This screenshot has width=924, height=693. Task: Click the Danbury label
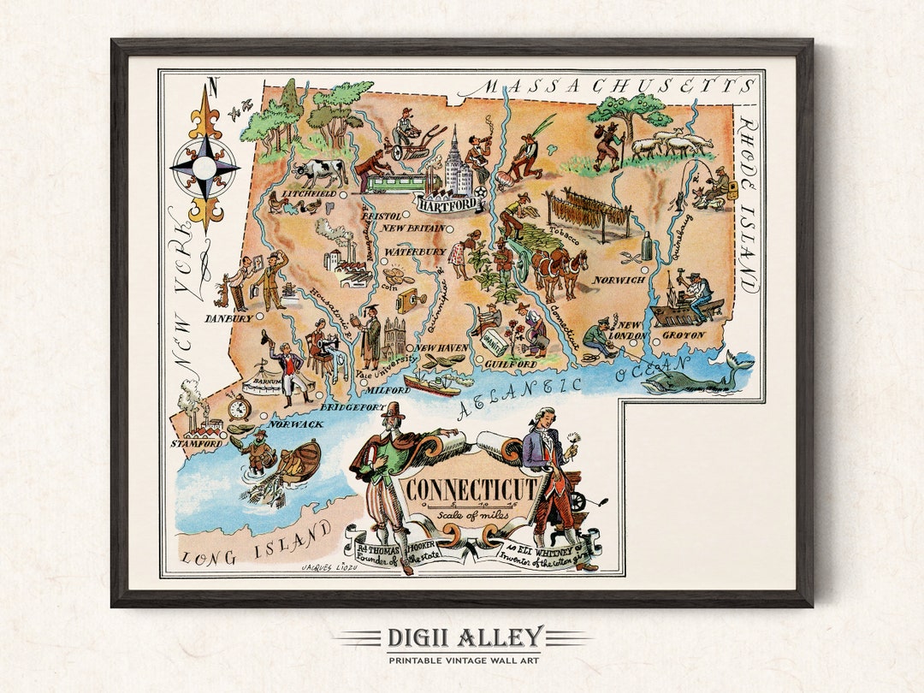tap(228, 318)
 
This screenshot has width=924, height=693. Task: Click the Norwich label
tap(618, 281)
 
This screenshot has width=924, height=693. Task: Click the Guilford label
tap(510, 364)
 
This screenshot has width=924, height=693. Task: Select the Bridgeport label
tap(354, 408)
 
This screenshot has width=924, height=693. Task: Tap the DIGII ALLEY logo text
tap(463, 637)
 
